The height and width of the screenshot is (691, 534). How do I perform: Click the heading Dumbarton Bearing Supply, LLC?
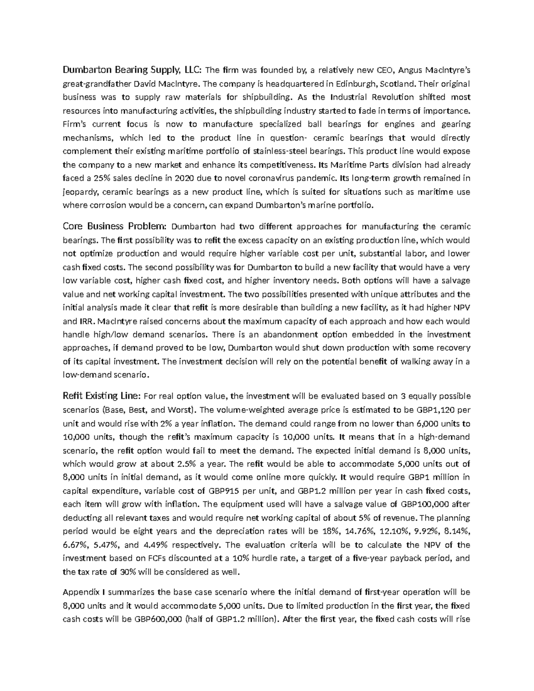pyautogui.click(x=132, y=70)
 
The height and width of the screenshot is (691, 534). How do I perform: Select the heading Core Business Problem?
pyautogui.click(x=115, y=226)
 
